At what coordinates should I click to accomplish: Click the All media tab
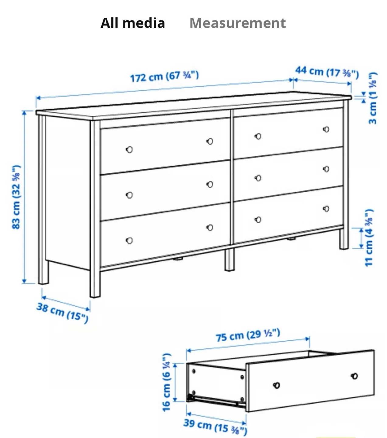click(x=133, y=23)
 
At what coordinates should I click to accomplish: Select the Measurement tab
click(x=237, y=23)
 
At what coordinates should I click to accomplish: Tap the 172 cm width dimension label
click(x=164, y=76)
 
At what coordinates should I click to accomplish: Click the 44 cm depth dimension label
click(x=327, y=72)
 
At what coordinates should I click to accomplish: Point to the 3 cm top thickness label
click(x=373, y=98)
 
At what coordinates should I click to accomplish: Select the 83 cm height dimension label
click(x=16, y=197)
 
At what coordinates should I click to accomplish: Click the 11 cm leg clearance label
click(x=369, y=238)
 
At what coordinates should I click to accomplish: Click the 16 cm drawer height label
click(x=167, y=382)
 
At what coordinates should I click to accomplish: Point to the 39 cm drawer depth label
click(x=215, y=426)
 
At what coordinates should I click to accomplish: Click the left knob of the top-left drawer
click(x=129, y=150)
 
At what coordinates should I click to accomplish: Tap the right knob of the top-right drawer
click(x=326, y=129)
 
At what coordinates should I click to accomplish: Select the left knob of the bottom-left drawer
click(x=129, y=241)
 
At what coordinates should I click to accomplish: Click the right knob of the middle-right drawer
click(x=326, y=169)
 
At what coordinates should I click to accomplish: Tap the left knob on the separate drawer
click(x=277, y=385)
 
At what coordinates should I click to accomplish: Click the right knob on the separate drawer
click(x=354, y=376)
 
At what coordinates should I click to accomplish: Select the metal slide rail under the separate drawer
click(x=216, y=401)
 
